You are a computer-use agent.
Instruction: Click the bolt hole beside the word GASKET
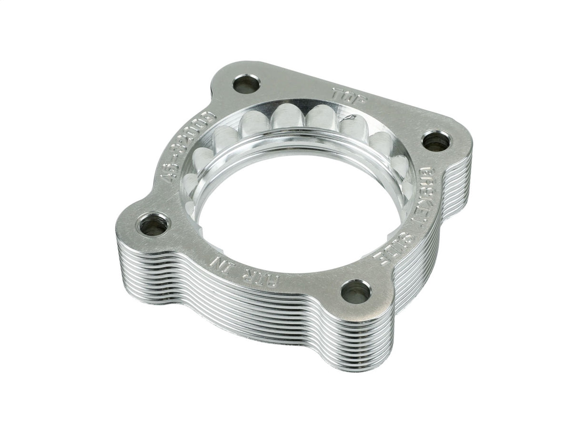tap(435, 141)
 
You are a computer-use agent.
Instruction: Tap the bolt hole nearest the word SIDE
tap(355, 291)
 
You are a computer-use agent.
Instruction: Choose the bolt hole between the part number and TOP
tap(246, 84)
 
